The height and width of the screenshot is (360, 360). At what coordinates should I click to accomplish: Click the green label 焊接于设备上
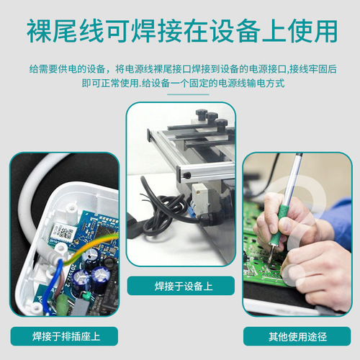pyautogui.click(x=180, y=285)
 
